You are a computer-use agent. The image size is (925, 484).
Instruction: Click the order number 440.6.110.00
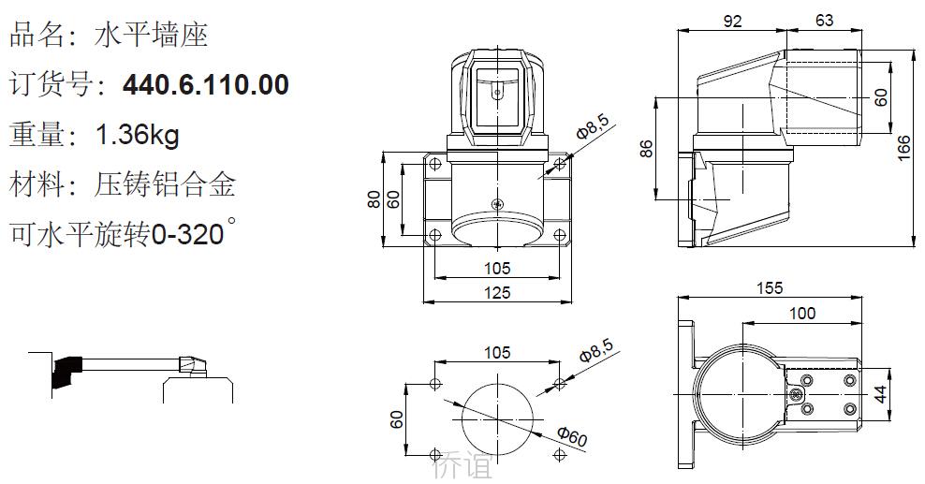tap(205, 84)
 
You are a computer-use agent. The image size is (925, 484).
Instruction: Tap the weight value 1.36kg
tap(138, 135)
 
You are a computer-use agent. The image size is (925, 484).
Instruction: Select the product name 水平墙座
tap(151, 36)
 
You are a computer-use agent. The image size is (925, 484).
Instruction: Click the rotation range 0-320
tap(188, 234)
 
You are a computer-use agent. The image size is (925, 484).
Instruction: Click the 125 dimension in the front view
tap(497, 292)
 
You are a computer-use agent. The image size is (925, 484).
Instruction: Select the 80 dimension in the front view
tap(374, 199)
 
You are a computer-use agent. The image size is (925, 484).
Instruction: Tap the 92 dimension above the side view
tap(732, 22)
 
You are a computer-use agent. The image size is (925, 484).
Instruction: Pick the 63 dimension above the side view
tap(824, 21)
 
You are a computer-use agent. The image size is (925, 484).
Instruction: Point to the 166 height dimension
tap(903, 148)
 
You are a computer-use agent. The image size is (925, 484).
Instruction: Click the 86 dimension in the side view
tap(647, 148)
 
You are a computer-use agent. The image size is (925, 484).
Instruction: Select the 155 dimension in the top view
tap(770, 287)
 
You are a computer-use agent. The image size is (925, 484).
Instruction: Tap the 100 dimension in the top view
tap(802, 313)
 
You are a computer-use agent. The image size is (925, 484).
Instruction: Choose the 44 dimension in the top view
tap(880, 394)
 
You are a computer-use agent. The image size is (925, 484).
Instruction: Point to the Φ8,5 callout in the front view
tap(593, 127)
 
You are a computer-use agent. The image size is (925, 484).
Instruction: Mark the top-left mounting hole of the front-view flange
tap(435, 163)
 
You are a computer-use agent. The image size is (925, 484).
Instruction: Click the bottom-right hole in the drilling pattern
tap(559, 454)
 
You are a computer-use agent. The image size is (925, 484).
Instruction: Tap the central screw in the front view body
tap(497, 203)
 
